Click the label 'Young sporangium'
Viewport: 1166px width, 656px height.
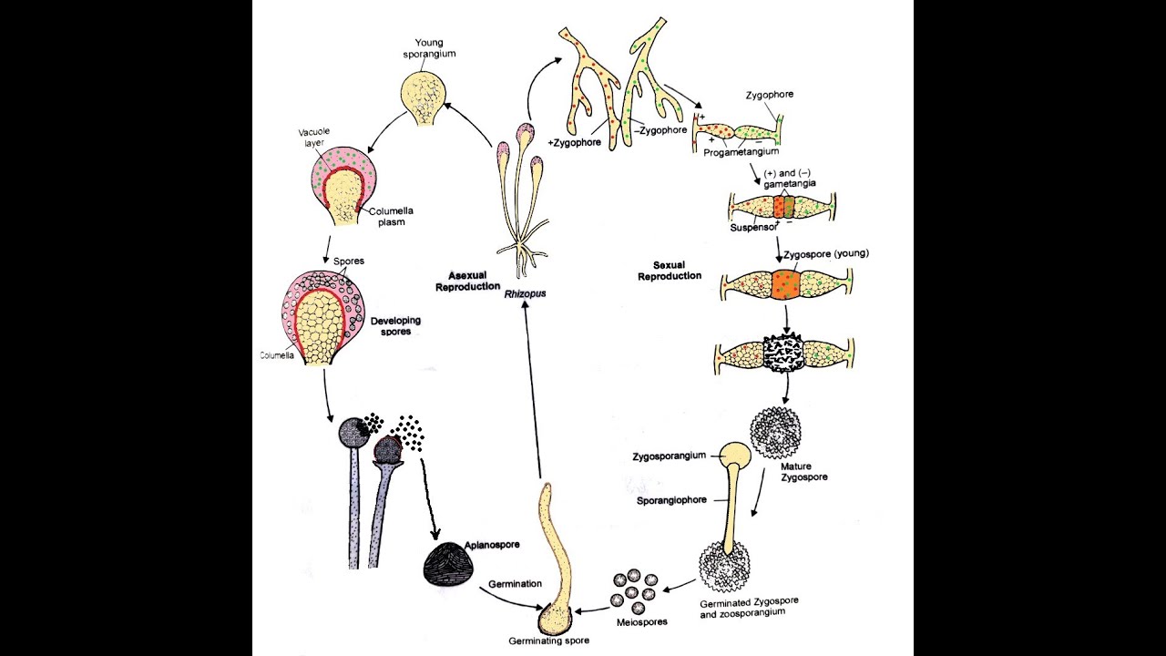click(435, 48)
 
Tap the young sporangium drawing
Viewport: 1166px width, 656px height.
click(426, 97)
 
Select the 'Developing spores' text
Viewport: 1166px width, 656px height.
click(395, 326)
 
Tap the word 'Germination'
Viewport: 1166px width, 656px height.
click(515, 584)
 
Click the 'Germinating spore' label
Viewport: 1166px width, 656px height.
click(548, 641)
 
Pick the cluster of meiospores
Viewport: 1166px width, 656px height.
click(633, 591)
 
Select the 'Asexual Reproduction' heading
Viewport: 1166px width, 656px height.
click(474, 281)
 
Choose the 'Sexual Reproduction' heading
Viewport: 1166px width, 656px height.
click(670, 270)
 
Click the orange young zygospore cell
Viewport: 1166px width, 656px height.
click(784, 282)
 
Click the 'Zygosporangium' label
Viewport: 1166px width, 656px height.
click(670, 456)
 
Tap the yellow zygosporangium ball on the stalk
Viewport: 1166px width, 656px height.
click(736, 454)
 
